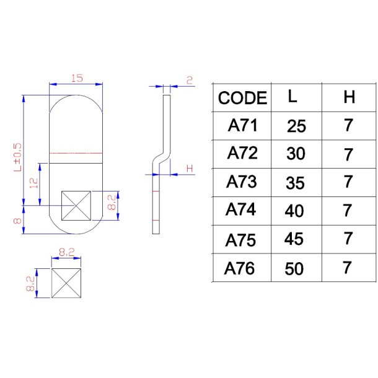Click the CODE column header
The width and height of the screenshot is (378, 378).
[x=242, y=98]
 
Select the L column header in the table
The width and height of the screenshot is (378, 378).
[x=292, y=97]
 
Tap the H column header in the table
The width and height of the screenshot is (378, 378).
[x=349, y=97]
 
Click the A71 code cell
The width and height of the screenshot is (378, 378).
[x=242, y=126]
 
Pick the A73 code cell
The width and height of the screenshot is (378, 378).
[x=242, y=182]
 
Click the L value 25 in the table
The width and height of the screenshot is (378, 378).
[x=296, y=126]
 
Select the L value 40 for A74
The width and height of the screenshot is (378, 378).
[x=294, y=211]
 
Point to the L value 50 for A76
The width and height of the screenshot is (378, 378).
[x=294, y=270]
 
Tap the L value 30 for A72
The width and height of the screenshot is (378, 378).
[x=296, y=154]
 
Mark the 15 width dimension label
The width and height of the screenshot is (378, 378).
[x=77, y=79]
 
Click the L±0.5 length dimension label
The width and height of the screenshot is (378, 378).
[x=17, y=156]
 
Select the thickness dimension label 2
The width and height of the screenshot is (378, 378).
[x=189, y=81]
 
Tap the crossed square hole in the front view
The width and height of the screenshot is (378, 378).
[x=76, y=205]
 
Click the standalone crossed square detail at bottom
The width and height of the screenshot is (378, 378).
[x=67, y=283]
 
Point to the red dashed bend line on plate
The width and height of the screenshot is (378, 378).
[x=76, y=152]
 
